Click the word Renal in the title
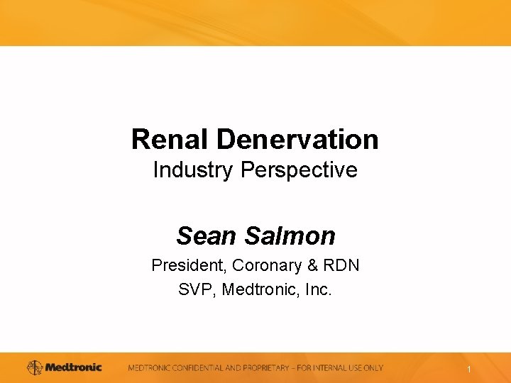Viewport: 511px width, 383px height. click(x=170, y=139)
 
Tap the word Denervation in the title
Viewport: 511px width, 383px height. click(x=297, y=139)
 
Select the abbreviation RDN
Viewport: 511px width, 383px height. click(x=341, y=265)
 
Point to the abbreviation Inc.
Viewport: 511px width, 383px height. click(x=318, y=289)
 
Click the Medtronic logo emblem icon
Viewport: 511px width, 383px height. click(x=35, y=367)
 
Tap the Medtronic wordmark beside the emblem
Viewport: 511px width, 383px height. click(x=74, y=367)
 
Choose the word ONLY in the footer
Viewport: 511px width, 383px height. click(x=372, y=368)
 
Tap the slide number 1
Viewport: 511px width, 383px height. click(x=469, y=370)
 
